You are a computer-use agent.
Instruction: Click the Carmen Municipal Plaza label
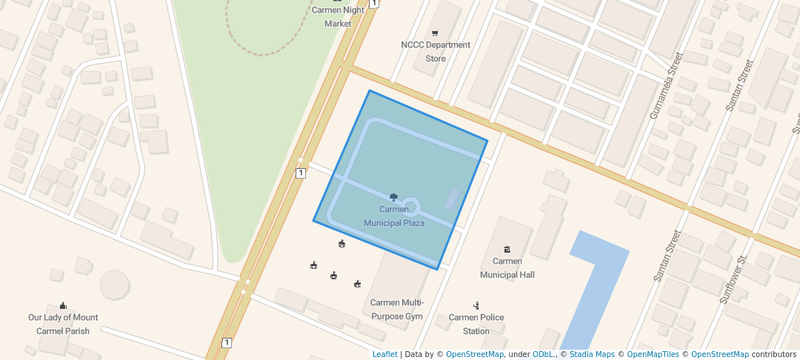click(x=394, y=216)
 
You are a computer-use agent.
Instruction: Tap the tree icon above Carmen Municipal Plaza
click(x=393, y=197)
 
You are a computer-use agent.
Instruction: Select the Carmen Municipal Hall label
click(x=507, y=267)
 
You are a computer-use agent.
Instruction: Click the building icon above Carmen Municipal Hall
click(x=507, y=249)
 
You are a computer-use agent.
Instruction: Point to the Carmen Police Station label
click(x=476, y=324)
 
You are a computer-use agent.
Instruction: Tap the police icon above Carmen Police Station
click(x=476, y=305)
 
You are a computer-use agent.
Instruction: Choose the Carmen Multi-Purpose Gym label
click(x=397, y=309)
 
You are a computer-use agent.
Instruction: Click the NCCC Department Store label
click(x=436, y=51)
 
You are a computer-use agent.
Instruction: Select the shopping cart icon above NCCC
click(x=435, y=33)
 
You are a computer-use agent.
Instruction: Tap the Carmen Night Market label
click(x=338, y=16)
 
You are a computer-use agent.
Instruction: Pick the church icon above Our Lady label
click(x=63, y=305)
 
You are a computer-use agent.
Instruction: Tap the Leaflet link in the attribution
click(x=384, y=354)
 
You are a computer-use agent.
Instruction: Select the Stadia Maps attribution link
click(x=592, y=354)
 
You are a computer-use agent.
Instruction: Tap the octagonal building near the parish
click(x=115, y=284)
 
